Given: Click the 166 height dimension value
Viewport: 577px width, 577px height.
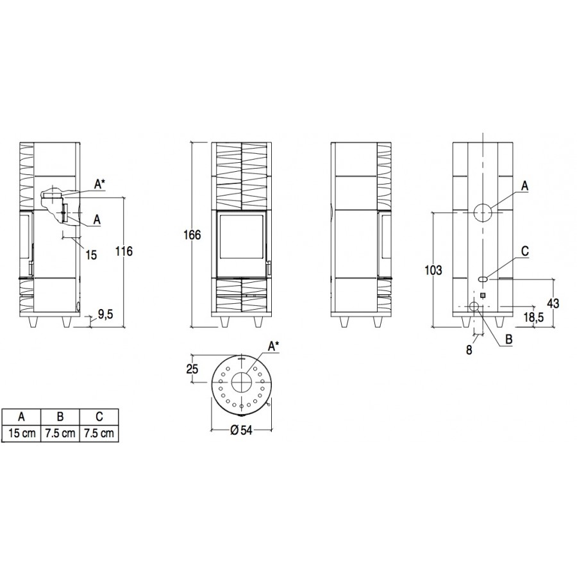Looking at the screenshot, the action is click(192, 235).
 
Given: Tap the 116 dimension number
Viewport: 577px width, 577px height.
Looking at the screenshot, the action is click(124, 251).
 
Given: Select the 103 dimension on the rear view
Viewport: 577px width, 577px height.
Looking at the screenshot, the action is click(433, 270).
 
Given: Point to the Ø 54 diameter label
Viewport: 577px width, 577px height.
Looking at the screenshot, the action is click(242, 430).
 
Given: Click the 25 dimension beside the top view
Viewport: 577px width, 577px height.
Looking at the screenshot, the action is click(192, 369).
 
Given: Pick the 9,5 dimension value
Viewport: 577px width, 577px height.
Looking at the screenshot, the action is click(106, 314).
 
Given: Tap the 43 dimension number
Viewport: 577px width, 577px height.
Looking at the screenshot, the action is click(553, 303).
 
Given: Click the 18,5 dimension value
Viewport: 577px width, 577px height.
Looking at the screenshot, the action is click(534, 317).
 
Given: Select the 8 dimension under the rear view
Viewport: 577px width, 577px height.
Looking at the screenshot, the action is click(469, 350).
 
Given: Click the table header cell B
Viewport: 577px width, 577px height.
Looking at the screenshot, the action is click(60, 417).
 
